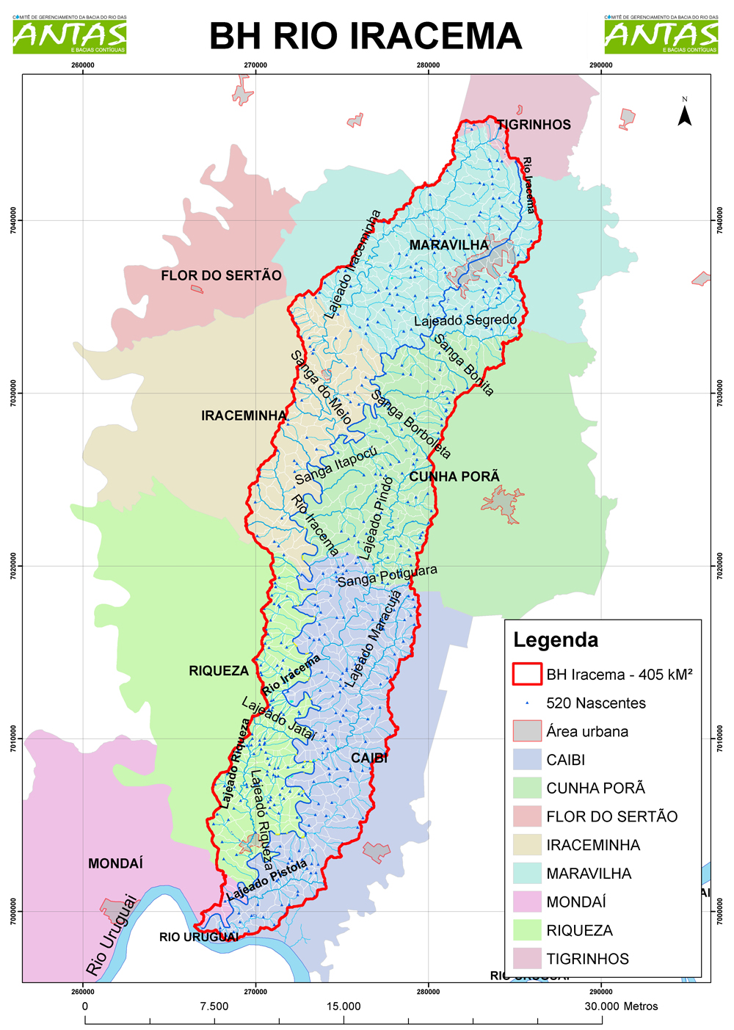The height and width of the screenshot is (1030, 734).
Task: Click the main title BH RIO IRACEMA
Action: pos(365,36)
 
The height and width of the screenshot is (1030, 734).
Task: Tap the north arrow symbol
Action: pos(684,114)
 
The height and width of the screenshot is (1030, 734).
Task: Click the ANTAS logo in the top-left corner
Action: pos(70,35)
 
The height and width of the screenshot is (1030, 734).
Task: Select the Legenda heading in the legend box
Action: pos(556,640)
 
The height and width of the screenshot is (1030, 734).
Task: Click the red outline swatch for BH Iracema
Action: pos(526,674)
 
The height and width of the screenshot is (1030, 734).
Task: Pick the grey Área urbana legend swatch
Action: pos(526,731)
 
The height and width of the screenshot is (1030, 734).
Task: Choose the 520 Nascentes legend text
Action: pos(595,703)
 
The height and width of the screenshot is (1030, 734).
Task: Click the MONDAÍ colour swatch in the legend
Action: pos(526,902)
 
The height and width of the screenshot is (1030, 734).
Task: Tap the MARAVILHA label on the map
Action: pos(448,245)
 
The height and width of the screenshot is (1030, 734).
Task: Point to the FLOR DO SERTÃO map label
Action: pos(221,276)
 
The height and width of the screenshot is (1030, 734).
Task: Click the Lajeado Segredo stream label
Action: pos(465,321)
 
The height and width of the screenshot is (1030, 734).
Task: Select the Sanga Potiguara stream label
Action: pos(387,576)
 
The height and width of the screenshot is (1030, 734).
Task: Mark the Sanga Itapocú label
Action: pos(335,466)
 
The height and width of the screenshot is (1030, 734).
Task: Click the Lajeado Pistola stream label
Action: pos(266,881)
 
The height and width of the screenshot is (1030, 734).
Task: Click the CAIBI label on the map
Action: pos(368,758)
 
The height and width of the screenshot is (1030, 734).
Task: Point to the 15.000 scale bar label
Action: pos(343,1007)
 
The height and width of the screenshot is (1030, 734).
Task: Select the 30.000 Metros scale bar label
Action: pos(621,1007)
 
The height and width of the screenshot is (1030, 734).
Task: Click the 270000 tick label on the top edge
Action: pos(255,65)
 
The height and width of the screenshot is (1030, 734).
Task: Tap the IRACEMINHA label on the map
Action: pos(244,416)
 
